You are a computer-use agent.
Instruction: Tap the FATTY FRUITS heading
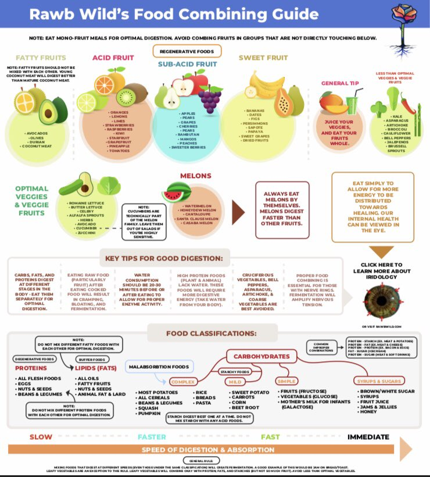coord(41,58)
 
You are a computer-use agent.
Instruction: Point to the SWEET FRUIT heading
coord(263,58)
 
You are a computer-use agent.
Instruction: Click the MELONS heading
coord(195,176)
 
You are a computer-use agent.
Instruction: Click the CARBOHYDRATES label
coord(261,356)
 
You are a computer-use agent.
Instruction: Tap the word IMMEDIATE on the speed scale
coord(368,436)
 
